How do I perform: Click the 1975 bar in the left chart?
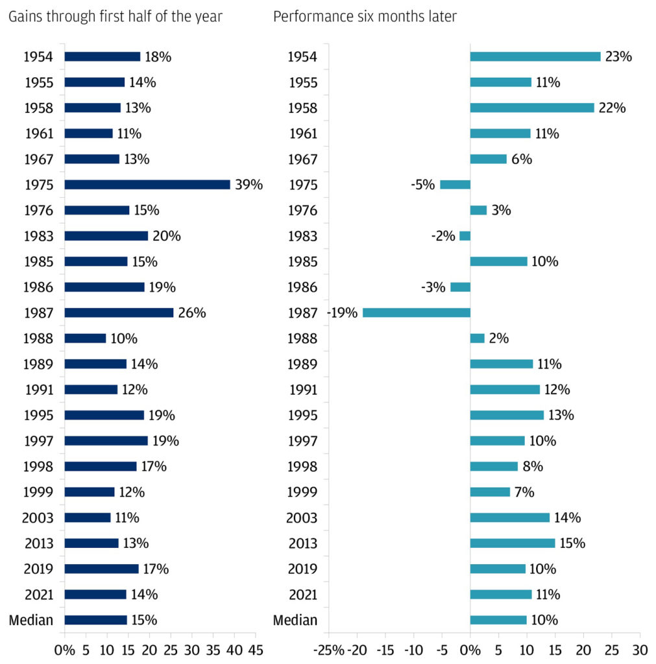tap(147, 185)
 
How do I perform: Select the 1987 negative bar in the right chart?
tap(416, 313)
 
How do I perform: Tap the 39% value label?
tap(249, 185)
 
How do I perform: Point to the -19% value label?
tap(343, 313)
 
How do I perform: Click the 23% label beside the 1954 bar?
tap(618, 56)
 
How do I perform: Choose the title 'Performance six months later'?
tap(365, 16)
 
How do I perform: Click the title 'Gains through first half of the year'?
tap(115, 16)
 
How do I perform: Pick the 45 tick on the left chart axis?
tap(255, 649)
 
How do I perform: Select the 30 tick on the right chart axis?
tap(640, 649)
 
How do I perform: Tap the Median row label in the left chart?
tap(31, 620)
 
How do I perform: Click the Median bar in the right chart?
tap(498, 620)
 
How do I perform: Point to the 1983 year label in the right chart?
tap(302, 236)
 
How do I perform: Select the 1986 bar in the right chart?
tap(460, 287)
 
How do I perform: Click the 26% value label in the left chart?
tap(192, 313)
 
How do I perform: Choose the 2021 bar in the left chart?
tap(95, 595)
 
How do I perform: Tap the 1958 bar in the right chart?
tap(532, 108)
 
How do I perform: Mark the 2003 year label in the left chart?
tap(38, 517)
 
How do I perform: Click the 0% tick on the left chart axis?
tap(65, 649)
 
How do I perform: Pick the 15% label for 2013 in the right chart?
tap(572, 543)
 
